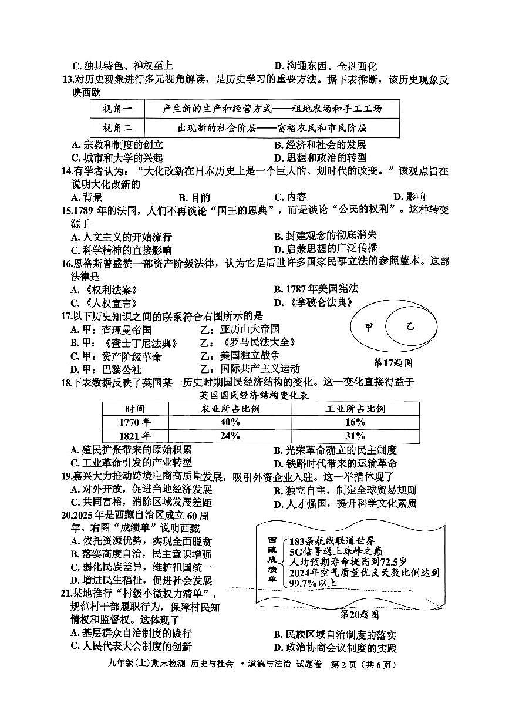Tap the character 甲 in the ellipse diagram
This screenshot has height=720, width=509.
[x=369, y=327]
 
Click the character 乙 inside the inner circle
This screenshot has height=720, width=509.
[x=410, y=326]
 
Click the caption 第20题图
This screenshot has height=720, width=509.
[x=359, y=614]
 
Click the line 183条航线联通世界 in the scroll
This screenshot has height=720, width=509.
[x=332, y=540]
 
